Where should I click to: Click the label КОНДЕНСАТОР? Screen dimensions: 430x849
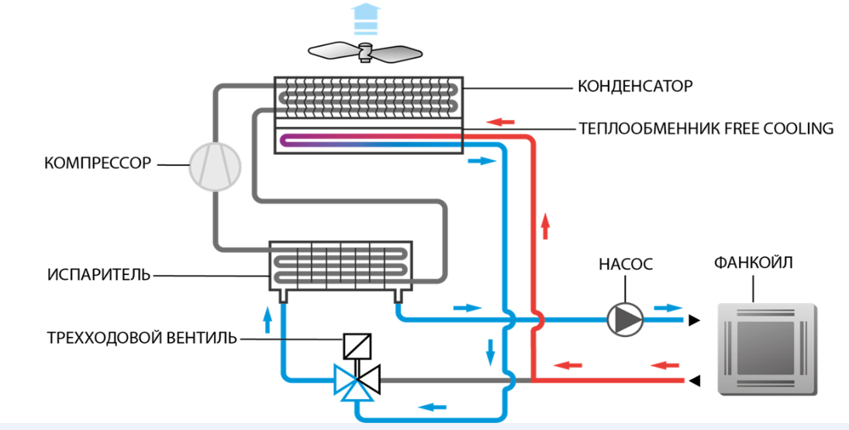634,85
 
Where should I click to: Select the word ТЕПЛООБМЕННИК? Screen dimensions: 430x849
636,128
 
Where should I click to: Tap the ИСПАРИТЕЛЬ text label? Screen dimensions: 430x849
98,275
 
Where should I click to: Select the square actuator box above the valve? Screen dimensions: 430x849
357,346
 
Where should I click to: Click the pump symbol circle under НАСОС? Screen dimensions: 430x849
625,318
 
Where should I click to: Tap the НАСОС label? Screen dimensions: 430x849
625,264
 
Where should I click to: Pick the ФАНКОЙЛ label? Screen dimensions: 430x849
753,263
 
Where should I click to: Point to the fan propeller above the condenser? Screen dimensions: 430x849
364,52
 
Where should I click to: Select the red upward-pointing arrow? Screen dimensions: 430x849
545,227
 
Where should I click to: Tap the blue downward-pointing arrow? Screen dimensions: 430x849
490,352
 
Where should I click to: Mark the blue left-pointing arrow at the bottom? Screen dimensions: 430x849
433,406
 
